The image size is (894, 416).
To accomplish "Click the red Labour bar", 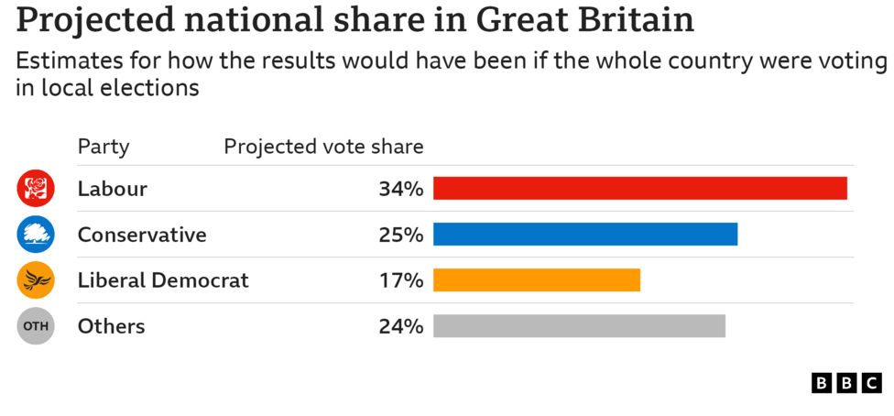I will tap(639, 189).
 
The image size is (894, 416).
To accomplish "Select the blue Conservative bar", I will tap(584, 235).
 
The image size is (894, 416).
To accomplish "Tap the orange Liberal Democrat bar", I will tap(536, 280).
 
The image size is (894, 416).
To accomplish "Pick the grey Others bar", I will tap(579, 326).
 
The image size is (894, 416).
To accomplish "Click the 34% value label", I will tap(400, 190).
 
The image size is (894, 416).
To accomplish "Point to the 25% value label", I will tap(400, 235).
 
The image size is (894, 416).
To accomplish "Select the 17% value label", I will tap(400, 281).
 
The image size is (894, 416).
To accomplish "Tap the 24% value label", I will tap(400, 327).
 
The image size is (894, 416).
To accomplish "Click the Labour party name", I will tap(112, 190).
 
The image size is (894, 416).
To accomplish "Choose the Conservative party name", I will tap(142, 235).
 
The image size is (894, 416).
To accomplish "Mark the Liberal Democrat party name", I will tap(163, 281).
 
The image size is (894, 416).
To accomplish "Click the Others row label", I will tap(111, 327).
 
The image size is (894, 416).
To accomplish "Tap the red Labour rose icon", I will tap(37, 189).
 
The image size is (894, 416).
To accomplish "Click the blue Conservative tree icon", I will tap(37, 235).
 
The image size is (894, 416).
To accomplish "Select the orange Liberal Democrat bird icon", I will tap(37, 280).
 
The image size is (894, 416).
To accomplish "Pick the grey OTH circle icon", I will tap(37, 326).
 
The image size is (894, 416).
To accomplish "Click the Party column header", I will tap(104, 147).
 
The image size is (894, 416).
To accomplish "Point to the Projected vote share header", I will tap(323, 147).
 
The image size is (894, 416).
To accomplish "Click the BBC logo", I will tap(845, 383).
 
